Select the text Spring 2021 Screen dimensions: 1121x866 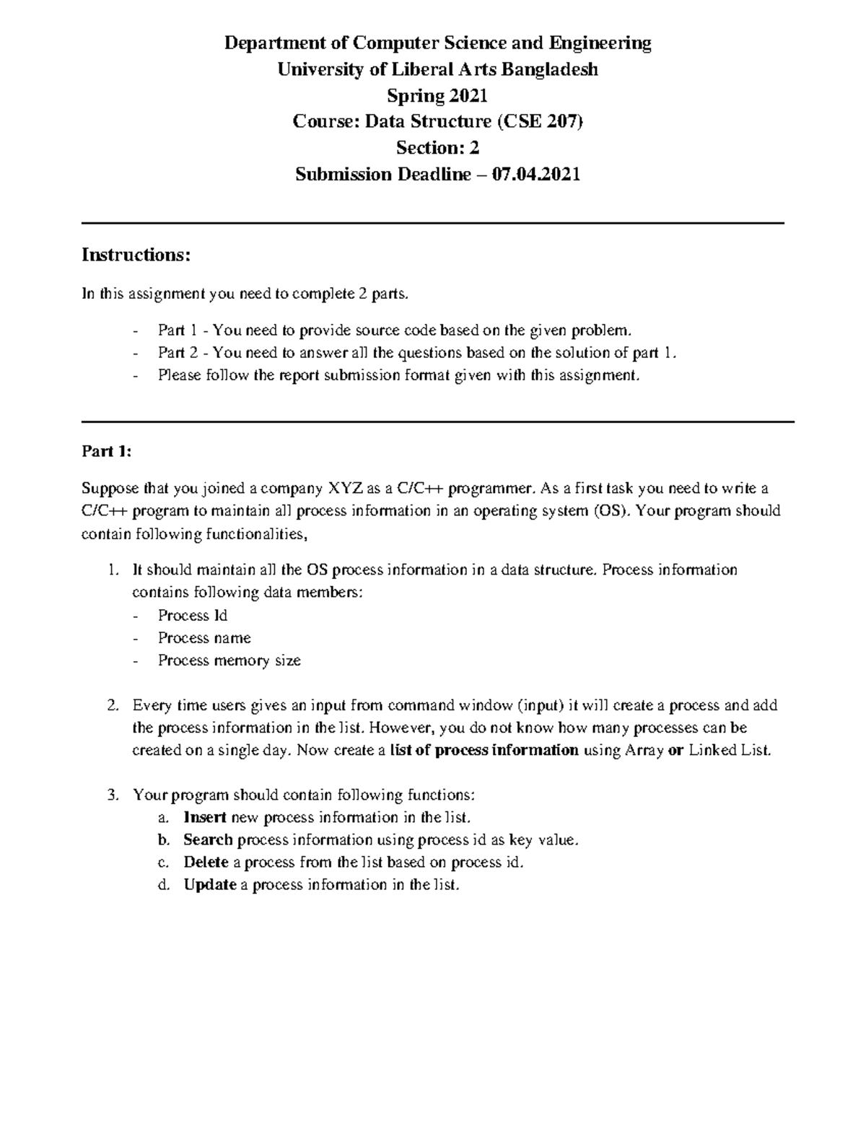pos(437,96)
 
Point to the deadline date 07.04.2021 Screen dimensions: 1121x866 pos(535,175)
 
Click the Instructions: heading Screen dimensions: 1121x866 pos(136,255)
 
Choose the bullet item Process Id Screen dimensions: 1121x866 pos(193,616)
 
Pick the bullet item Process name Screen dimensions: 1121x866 pos(204,638)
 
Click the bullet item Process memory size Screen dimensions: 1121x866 pos(229,660)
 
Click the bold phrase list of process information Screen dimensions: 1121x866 pos(484,750)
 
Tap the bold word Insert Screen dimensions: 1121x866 pos(206,817)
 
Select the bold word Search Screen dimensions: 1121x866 pos(208,839)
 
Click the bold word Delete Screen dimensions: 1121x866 pos(206,862)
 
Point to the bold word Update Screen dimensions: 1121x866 pos(209,885)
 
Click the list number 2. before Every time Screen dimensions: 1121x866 pos(112,705)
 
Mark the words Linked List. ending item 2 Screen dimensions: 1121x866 pos(730,750)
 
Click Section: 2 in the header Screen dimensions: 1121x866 pos(437,148)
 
